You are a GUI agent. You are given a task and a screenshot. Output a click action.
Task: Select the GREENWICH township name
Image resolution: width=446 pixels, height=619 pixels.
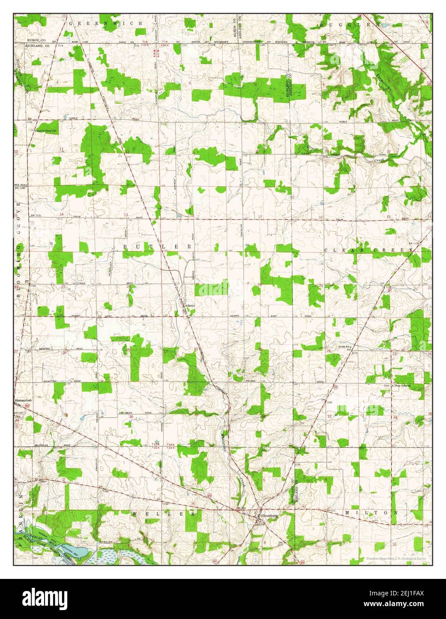[x=109, y=23]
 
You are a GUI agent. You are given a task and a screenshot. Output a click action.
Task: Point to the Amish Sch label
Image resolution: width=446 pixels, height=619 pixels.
[x=344, y=346]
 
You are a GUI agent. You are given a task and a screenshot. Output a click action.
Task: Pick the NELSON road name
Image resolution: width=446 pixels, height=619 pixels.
[x=250, y=381]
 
